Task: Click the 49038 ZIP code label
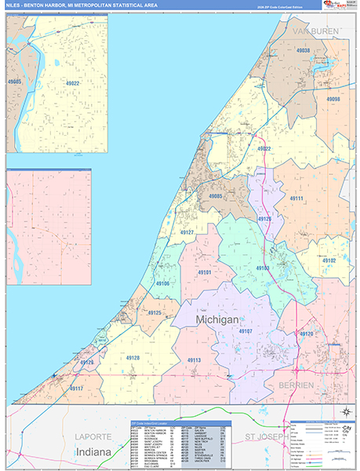pos(303,51)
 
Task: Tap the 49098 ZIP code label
pos(333,100)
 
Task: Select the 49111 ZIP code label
pos(302,199)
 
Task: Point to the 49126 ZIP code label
pos(264,219)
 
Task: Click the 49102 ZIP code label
pos(327,261)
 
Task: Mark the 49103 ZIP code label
pos(263,268)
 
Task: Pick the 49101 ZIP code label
pos(204,272)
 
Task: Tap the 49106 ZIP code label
pos(162,283)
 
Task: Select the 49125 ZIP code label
pos(154,313)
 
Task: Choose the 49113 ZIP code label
pos(195,360)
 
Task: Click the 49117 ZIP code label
pos(76,388)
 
